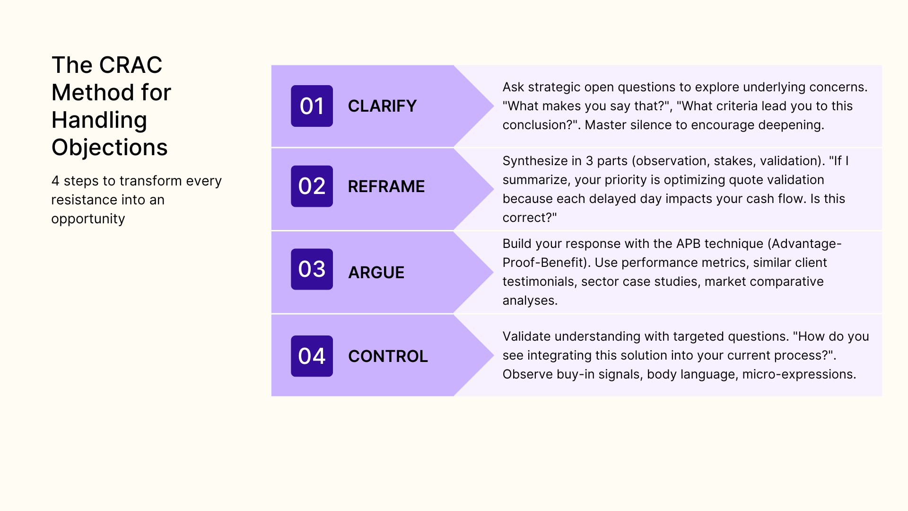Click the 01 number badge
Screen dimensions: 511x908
pyautogui.click(x=312, y=106)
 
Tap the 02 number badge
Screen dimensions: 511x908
pyautogui.click(x=312, y=186)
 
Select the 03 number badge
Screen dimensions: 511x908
pyautogui.click(x=312, y=269)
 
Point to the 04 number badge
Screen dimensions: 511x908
pyautogui.click(x=312, y=356)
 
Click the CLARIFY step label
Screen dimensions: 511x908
pyautogui.click(x=382, y=106)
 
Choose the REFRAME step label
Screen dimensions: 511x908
pyautogui.click(x=386, y=186)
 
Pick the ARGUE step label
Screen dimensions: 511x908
pyautogui.click(x=376, y=273)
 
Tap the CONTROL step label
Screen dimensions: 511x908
pyautogui.click(x=388, y=356)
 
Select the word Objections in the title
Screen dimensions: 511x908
pyautogui.click(x=109, y=148)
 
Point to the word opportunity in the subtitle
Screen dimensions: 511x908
pyautogui.click(x=88, y=219)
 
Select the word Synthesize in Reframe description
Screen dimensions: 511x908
pyautogui.click(x=535, y=161)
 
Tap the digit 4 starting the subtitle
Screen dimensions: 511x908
pyautogui.click(x=55, y=181)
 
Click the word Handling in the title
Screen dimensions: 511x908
pyautogui.click(x=99, y=120)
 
